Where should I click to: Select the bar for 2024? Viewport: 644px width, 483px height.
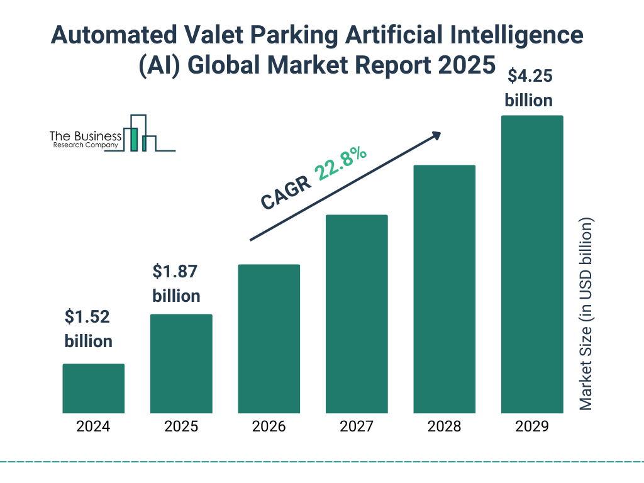[x=93, y=388]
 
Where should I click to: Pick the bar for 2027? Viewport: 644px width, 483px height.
[x=357, y=314]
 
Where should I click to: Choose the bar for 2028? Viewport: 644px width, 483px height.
[x=444, y=289]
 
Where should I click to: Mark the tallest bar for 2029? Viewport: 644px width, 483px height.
[x=532, y=264]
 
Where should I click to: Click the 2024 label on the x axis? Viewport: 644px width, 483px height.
[x=93, y=426]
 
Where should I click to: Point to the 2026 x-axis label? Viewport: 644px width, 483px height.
[x=269, y=426]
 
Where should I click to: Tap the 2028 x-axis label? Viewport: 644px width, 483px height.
[x=444, y=426]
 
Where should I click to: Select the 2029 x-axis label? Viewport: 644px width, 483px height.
[x=532, y=426]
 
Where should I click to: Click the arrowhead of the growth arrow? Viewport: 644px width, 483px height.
[x=436, y=135]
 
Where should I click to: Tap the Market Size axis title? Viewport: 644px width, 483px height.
[x=586, y=314]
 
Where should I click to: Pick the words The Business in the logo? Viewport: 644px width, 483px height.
[x=86, y=136]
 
